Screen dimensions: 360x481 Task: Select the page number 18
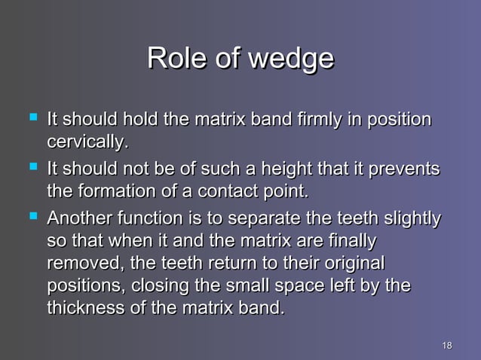tap(446, 345)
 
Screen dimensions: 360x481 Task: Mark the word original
tap(348, 264)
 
